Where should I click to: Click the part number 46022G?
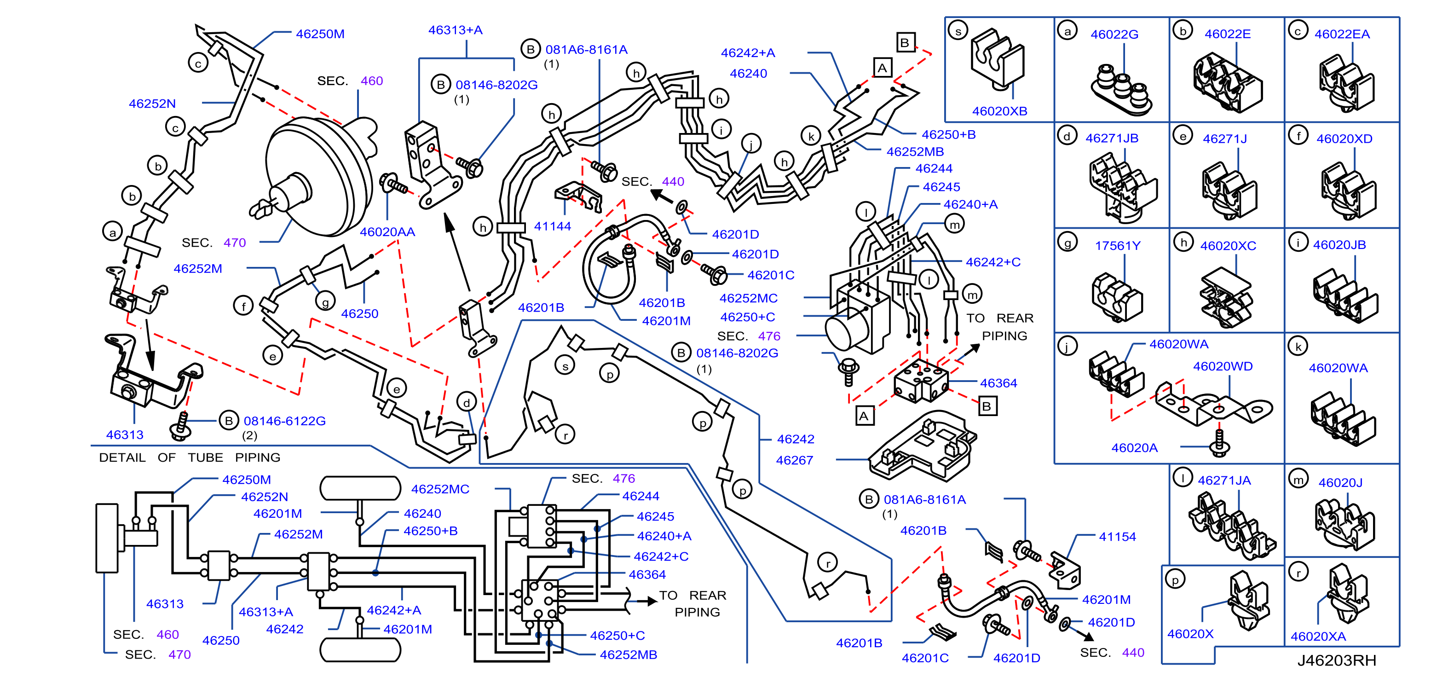click(x=1114, y=35)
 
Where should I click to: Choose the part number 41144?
click(x=552, y=226)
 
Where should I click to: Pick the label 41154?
click(x=1117, y=537)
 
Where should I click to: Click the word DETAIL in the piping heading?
click(x=122, y=457)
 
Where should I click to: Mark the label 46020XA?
click(x=1318, y=636)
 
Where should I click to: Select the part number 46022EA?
click(x=1342, y=34)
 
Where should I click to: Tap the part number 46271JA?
click(x=1224, y=480)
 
